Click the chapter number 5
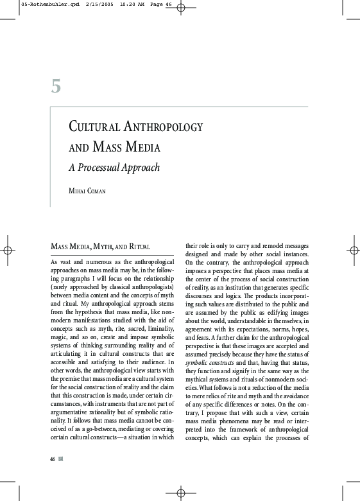(x=56, y=86)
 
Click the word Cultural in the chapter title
(x=94, y=127)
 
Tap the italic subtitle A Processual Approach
(x=114, y=168)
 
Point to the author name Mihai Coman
(x=88, y=191)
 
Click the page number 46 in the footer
(x=53, y=459)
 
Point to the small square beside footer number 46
(x=61, y=459)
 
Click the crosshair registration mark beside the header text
(x=180, y=8)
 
